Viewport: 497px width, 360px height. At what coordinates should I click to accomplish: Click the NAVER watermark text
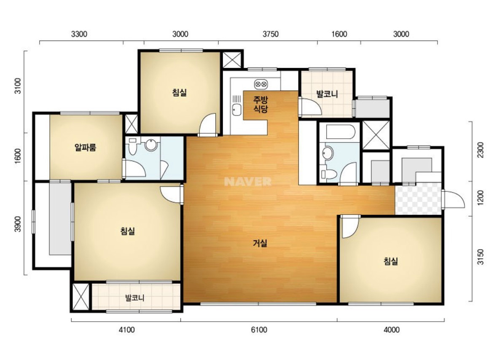click(x=247, y=182)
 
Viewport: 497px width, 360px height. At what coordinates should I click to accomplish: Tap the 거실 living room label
click(x=260, y=243)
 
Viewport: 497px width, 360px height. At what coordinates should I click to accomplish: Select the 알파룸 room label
click(x=85, y=147)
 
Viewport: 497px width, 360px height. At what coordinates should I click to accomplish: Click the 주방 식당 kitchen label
click(x=260, y=105)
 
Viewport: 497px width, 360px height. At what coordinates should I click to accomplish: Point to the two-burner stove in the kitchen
click(x=261, y=84)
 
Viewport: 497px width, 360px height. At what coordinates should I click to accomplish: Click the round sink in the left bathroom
click(x=151, y=145)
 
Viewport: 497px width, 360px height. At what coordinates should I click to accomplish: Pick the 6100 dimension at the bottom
click(x=259, y=330)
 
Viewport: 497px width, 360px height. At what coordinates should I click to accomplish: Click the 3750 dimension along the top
click(x=271, y=34)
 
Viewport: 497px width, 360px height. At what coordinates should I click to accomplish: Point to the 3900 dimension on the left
click(x=18, y=224)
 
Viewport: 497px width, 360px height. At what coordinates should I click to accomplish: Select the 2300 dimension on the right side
click(x=481, y=150)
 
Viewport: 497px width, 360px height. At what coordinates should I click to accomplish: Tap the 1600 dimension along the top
click(x=339, y=34)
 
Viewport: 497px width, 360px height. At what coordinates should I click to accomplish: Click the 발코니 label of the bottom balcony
click(x=135, y=298)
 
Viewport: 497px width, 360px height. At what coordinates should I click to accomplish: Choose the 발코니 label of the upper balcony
click(x=327, y=94)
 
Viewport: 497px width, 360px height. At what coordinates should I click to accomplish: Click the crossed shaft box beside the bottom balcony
click(x=81, y=297)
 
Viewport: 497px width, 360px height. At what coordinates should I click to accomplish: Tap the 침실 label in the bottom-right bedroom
click(x=390, y=261)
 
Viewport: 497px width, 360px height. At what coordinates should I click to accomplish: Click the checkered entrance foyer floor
click(x=418, y=199)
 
